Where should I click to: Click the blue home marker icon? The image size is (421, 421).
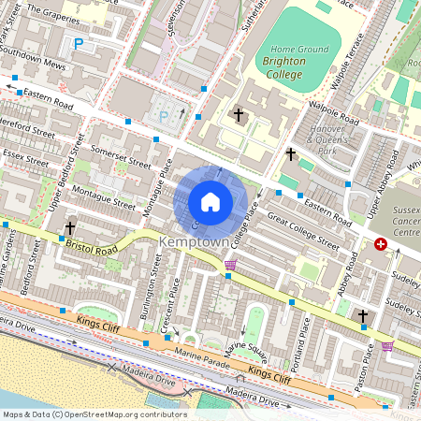coord(210,202)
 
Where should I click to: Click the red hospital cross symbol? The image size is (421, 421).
coord(380,244)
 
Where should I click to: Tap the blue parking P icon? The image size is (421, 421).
coord(79,43)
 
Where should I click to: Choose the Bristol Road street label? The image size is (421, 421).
coord(92,247)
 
